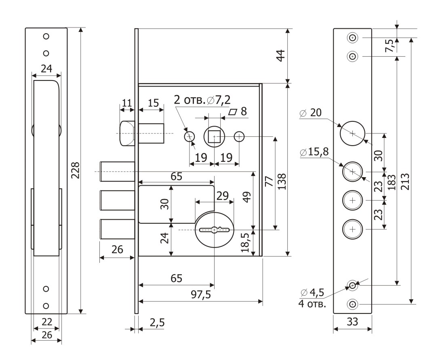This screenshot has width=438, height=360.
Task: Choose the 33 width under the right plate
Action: coord(352,322)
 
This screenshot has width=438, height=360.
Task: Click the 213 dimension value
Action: coord(406,182)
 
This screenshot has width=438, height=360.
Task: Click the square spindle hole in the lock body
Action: coord(214,137)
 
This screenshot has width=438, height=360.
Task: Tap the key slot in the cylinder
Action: coord(214,230)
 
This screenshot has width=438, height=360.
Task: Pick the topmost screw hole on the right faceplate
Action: coord(352,38)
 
